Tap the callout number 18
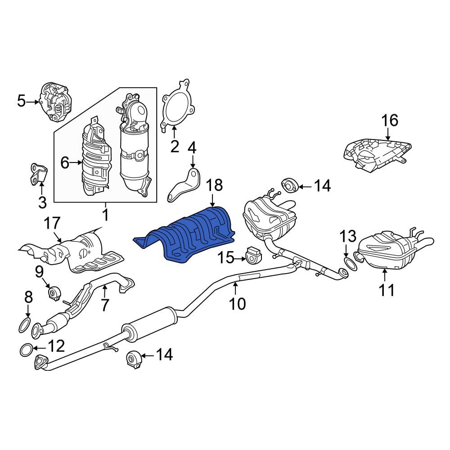pyautogui.click(x=214, y=185)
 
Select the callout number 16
pyautogui.click(x=390, y=120)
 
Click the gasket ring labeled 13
pyautogui.click(x=351, y=264)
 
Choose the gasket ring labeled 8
pyautogui.click(x=24, y=326)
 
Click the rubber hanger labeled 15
pyautogui.click(x=254, y=255)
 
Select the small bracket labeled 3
pyautogui.click(x=39, y=173)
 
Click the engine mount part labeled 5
pyautogui.click(x=56, y=102)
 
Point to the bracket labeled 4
pyautogui.click(x=184, y=186)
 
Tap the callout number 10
pyautogui.click(x=238, y=303)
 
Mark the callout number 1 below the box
pyautogui.click(x=106, y=214)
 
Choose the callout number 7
pyautogui.click(x=104, y=305)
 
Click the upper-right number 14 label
pyautogui.click(x=323, y=186)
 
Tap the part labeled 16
pyautogui.click(x=378, y=154)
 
